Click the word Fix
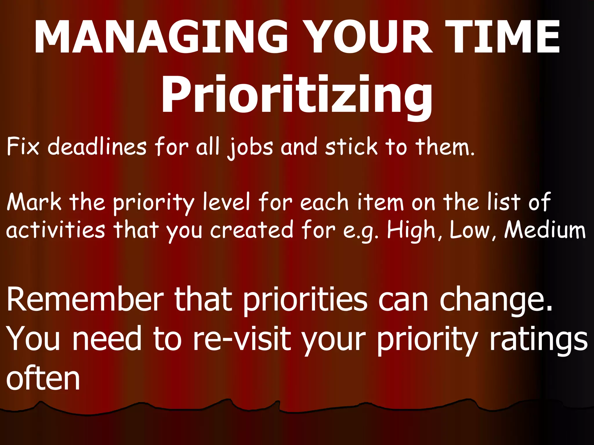(x=23, y=147)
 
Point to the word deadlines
(x=97, y=147)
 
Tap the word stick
(x=351, y=147)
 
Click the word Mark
(x=34, y=202)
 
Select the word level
(x=226, y=202)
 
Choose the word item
(x=380, y=202)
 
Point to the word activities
(x=55, y=229)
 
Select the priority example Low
(x=470, y=229)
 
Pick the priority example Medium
(x=545, y=229)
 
